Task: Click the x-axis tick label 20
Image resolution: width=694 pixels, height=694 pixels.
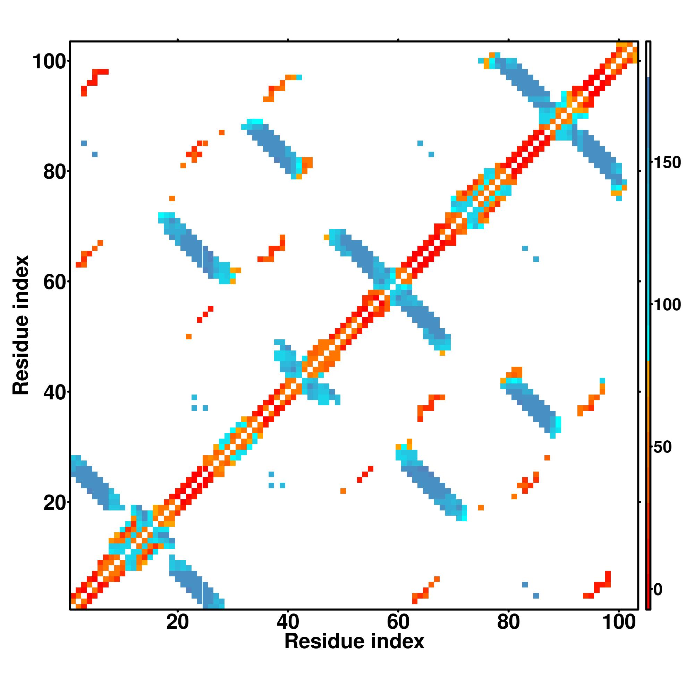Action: point(177,622)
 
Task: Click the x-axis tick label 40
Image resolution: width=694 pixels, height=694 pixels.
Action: point(288,622)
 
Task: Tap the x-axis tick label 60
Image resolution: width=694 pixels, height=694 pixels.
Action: point(398,622)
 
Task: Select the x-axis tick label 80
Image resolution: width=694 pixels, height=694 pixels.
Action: point(508,622)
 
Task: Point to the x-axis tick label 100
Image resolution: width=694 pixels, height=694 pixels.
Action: point(619,622)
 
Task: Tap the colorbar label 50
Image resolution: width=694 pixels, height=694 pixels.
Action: point(663,448)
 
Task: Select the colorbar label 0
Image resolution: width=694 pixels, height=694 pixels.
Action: point(658,590)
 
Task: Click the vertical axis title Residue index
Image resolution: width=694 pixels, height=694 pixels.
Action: point(21,325)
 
